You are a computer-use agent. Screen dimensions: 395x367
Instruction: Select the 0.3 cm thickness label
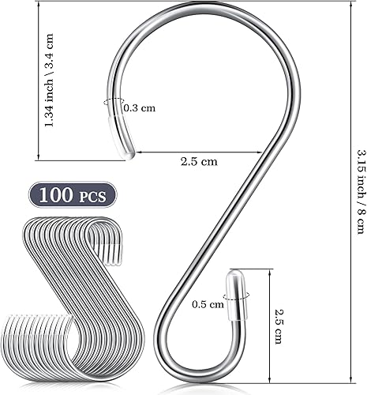[139, 107]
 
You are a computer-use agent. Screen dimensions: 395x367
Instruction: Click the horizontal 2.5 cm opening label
[199, 162]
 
